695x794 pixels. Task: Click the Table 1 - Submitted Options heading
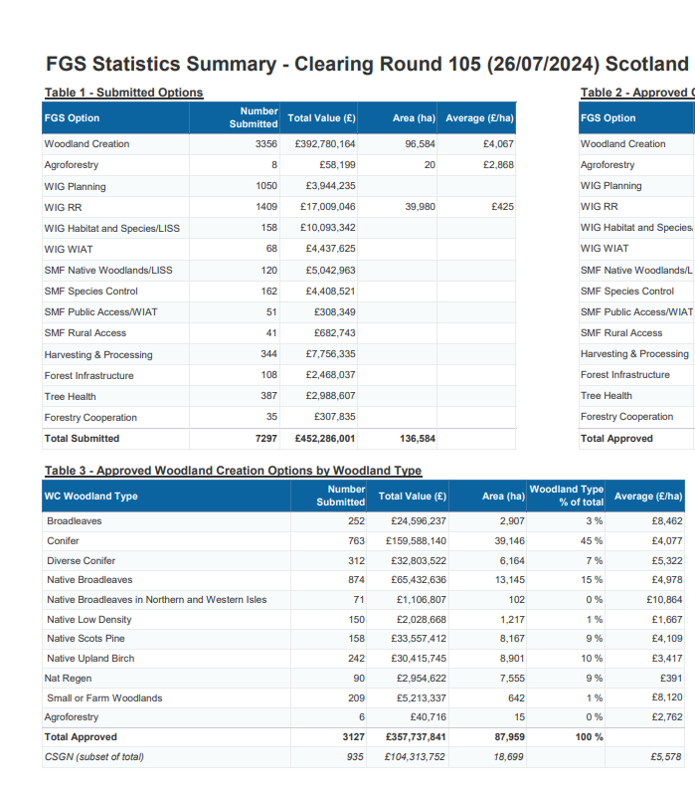(x=123, y=93)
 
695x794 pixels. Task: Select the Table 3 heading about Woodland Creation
(x=233, y=471)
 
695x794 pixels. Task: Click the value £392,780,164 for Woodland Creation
(x=325, y=144)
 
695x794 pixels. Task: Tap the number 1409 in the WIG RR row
(x=265, y=207)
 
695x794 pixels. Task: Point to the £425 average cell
(x=502, y=207)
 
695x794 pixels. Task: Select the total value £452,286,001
(x=325, y=439)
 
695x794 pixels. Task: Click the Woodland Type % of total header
(x=566, y=496)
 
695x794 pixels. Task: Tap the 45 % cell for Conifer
(x=592, y=541)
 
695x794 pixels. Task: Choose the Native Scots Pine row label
(x=86, y=639)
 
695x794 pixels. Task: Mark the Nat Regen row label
(x=67, y=679)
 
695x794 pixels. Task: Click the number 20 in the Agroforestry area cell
(x=430, y=165)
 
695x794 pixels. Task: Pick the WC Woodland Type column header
(x=91, y=496)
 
